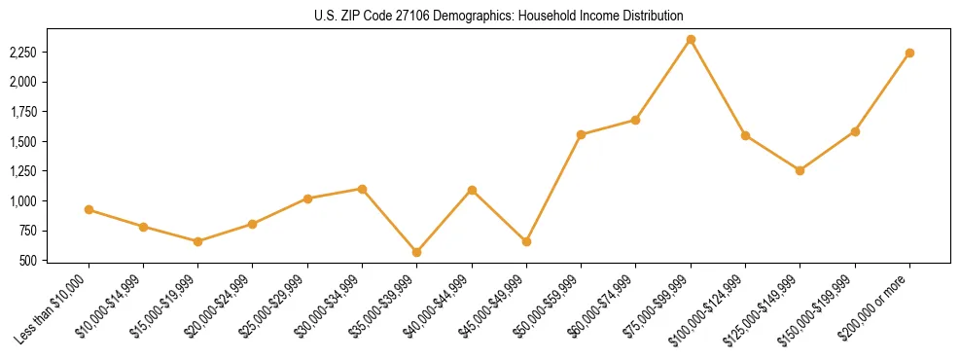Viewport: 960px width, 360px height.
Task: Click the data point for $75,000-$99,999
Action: [x=691, y=40]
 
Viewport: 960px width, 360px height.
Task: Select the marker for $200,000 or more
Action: [x=909, y=53]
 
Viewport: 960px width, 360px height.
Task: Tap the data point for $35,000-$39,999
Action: [x=417, y=252]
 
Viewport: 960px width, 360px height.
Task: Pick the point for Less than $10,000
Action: [x=89, y=209]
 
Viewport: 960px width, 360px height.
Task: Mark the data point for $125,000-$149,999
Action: [x=800, y=170]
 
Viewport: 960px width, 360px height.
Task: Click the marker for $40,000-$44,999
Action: [x=472, y=190]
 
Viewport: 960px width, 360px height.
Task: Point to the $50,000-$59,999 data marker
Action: [x=581, y=134]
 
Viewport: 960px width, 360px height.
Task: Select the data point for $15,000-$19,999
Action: [x=198, y=241]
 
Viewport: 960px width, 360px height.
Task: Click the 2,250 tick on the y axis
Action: [x=23, y=53]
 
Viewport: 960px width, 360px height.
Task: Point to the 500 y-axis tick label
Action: [x=29, y=261]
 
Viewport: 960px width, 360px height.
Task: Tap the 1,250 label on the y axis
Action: [x=23, y=171]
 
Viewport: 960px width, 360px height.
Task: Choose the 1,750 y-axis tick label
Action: [x=23, y=112]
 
